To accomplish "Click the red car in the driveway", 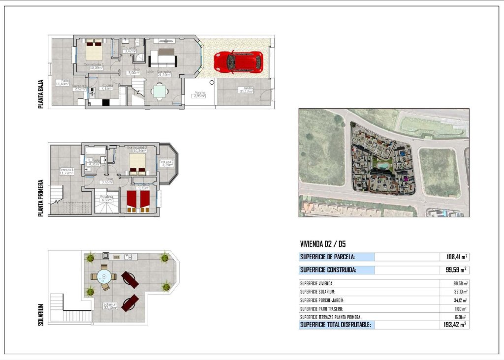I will pos(238,62).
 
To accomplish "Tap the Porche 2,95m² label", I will pos(200,94).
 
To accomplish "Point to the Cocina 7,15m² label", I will pos(106,87).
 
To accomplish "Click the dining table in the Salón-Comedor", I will pos(159,91).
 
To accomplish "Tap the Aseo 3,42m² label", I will pos(130,50).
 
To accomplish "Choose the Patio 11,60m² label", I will pos(62,83).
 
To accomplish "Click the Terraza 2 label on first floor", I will pos(166,163).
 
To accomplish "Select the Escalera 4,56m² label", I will pos(107,198).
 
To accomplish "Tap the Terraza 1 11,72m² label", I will pos(65,172).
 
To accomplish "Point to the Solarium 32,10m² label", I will pos(110,306).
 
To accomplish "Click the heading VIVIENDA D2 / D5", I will pos(323,243).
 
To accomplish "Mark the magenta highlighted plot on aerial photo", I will pos(406,179).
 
